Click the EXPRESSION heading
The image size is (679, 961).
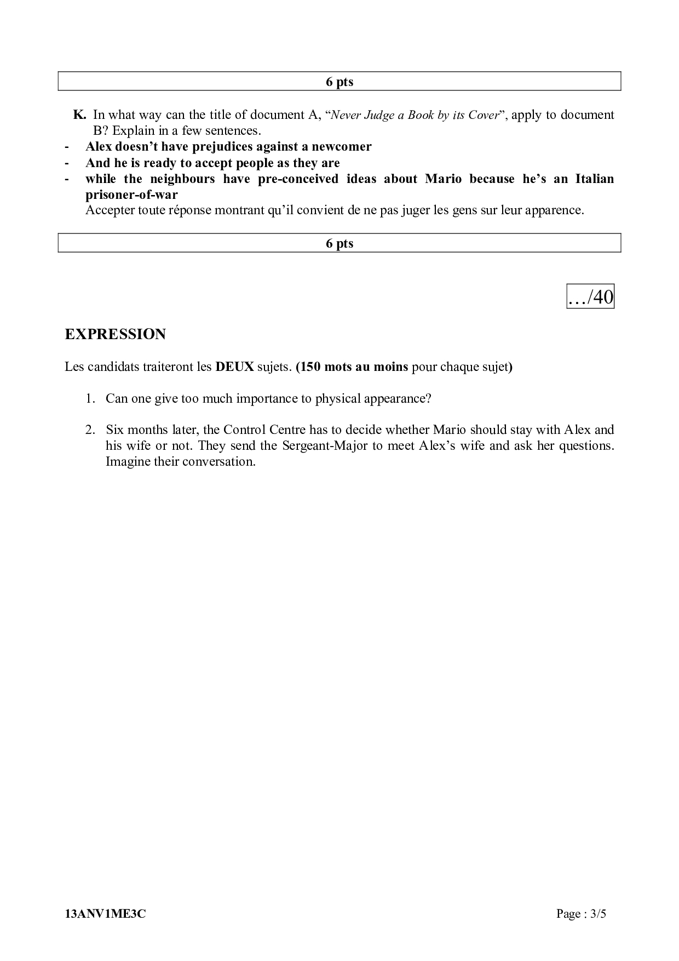point(115,334)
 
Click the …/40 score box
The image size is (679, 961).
point(590,297)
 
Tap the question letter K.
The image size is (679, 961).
point(79,115)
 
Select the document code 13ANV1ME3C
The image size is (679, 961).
point(105,913)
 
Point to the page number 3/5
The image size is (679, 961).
point(596,913)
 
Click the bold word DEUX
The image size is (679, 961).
point(234,367)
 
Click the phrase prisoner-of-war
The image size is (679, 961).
point(131,195)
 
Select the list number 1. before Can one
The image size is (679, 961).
point(90,398)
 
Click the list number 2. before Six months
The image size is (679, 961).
point(90,430)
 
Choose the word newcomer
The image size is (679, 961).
point(342,147)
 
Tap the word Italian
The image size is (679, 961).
point(594,179)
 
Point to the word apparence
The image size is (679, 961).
point(554,210)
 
